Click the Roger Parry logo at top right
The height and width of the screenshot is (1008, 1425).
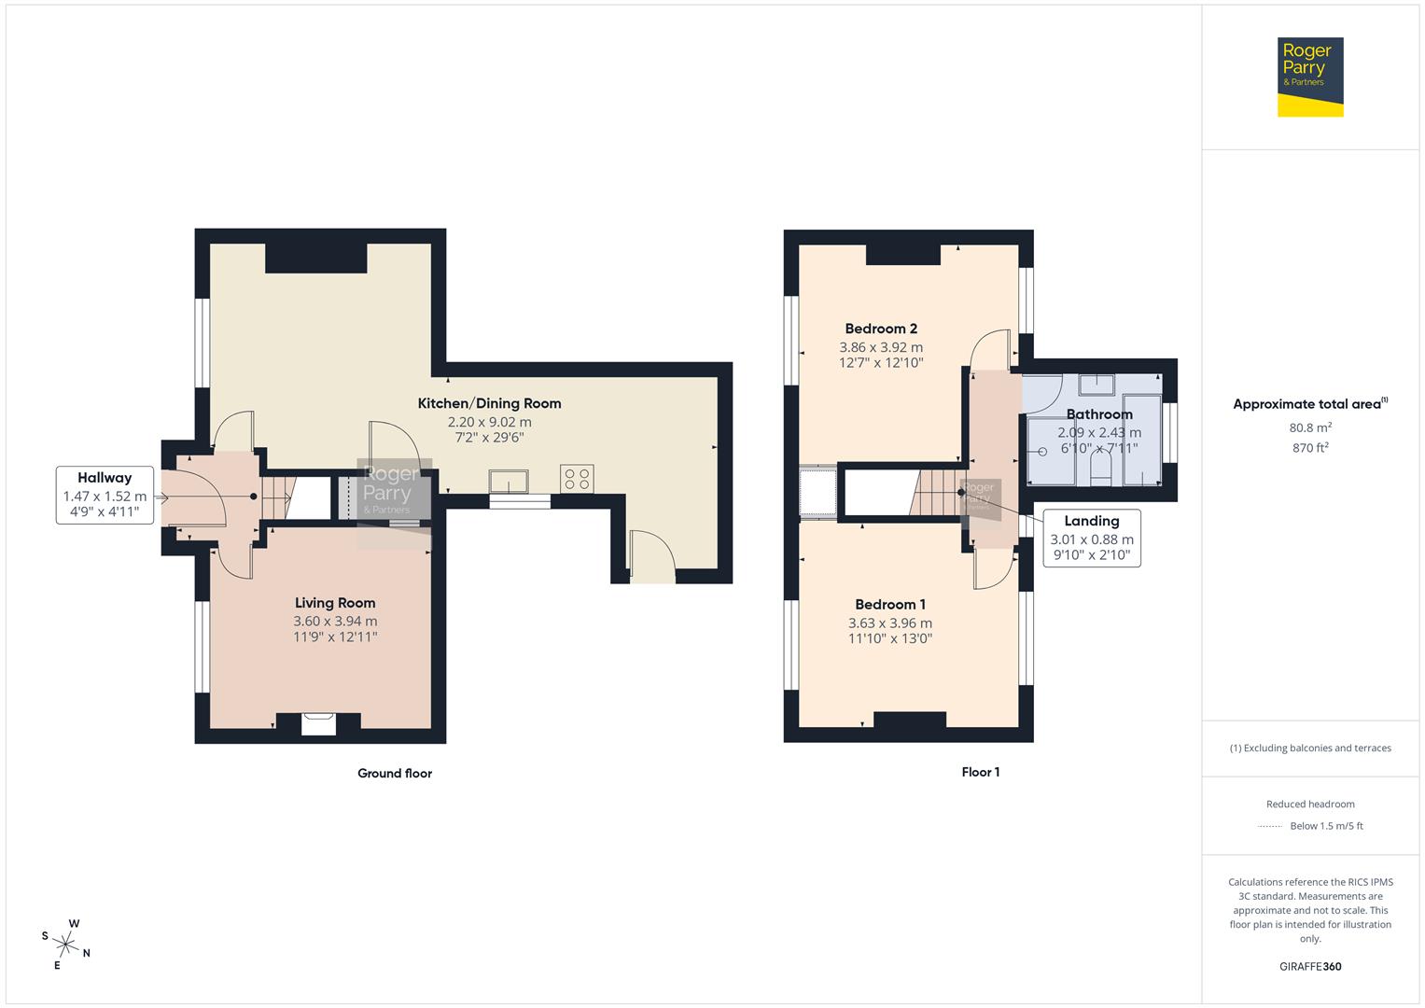pyautogui.click(x=1310, y=77)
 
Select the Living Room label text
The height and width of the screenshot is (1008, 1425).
pyautogui.click(x=335, y=603)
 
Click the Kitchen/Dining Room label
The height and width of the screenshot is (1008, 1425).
pyautogui.click(x=489, y=403)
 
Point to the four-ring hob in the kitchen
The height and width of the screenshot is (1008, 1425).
pyautogui.click(x=577, y=479)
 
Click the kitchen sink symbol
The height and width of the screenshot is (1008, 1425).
pyautogui.click(x=509, y=481)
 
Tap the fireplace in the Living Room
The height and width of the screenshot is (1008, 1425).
pyautogui.click(x=318, y=723)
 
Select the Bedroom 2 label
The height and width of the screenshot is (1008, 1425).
pyautogui.click(x=881, y=329)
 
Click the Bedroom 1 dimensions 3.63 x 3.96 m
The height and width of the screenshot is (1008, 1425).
pyautogui.click(x=889, y=623)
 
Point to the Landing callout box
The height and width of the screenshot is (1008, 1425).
pyautogui.click(x=1091, y=538)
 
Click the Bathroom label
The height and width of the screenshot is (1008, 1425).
pyautogui.click(x=1099, y=414)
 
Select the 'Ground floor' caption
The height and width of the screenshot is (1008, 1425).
pyautogui.click(x=395, y=773)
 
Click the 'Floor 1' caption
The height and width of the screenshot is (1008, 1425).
pyautogui.click(x=980, y=772)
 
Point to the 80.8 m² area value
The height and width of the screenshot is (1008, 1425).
pyautogui.click(x=1310, y=427)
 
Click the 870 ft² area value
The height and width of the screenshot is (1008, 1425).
pyautogui.click(x=1310, y=447)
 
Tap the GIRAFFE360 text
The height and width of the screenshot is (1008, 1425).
pyautogui.click(x=1310, y=966)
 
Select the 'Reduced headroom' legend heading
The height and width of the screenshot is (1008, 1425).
pyautogui.click(x=1310, y=804)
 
